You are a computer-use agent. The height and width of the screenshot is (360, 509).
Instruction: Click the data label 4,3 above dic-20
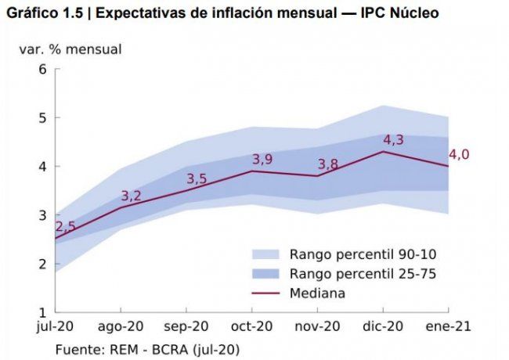(393, 140)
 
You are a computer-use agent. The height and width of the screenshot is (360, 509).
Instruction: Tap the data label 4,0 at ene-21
(459, 154)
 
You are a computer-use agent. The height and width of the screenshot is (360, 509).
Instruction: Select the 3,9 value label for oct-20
(262, 160)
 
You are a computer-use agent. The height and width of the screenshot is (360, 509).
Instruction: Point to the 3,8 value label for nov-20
(328, 164)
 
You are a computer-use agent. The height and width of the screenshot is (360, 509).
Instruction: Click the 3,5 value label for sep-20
(197, 179)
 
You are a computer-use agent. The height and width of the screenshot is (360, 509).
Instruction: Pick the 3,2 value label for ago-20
(131, 196)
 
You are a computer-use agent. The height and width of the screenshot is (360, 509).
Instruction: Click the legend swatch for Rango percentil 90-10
(266, 254)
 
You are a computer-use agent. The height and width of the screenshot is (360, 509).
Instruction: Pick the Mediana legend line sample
(266, 293)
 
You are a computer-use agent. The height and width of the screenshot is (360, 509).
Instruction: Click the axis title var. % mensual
(70, 49)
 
